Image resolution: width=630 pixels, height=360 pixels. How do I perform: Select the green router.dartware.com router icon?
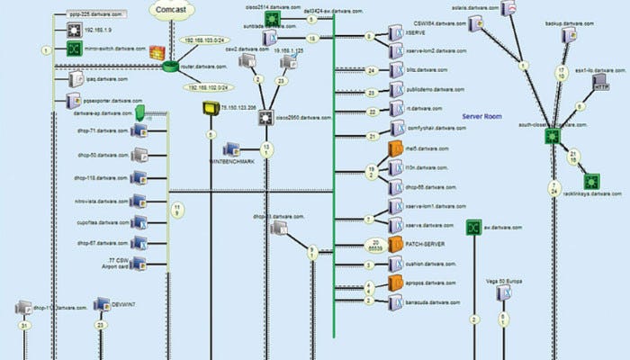(x=171, y=65)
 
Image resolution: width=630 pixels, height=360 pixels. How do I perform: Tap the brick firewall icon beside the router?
(x=157, y=53)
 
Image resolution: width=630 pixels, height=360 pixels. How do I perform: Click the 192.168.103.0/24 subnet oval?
(x=204, y=41)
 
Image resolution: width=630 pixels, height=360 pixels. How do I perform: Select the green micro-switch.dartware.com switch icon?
(x=75, y=49)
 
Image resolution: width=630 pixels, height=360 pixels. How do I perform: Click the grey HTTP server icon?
(x=601, y=85)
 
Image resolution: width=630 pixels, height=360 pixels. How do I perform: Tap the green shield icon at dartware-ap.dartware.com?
(x=139, y=112)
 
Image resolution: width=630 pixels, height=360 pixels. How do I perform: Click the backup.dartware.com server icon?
(x=569, y=35)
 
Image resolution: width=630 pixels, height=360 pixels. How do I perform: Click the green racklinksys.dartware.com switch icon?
(x=592, y=181)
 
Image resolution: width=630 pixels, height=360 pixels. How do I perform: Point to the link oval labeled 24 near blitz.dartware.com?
(x=372, y=69)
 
